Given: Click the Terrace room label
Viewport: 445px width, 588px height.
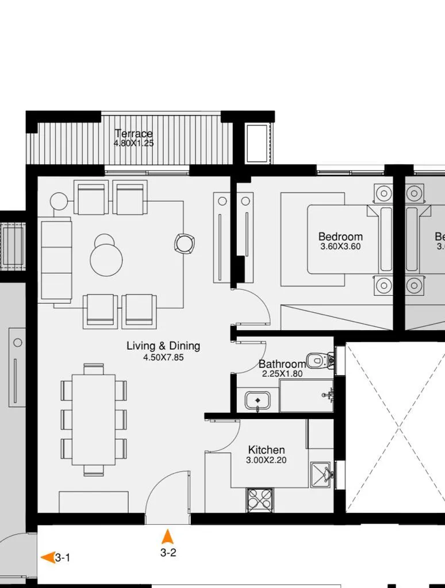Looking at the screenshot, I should pyautogui.click(x=133, y=134).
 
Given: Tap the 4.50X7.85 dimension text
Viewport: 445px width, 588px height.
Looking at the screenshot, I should pyautogui.click(x=163, y=357).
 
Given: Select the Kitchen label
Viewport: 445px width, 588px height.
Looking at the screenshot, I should pyautogui.click(x=266, y=450).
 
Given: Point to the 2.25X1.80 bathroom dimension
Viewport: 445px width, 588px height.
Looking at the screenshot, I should pyautogui.click(x=282, y=374).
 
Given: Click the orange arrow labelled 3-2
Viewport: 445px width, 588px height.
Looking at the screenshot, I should pyautogui.click(x=167, y=537).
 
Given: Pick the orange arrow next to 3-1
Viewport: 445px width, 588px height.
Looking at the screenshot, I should pyautogui.click(x=48, y=557).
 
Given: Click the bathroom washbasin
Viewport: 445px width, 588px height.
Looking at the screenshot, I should pyautogui.click(x=258, y=400).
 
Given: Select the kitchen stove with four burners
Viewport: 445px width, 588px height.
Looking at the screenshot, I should pyautogui.click(x=260, y=500).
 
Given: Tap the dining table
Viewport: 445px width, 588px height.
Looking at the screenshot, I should pyautogui.click(x=94, y=420).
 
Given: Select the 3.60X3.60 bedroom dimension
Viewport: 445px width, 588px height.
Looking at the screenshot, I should pyautogui.click(x=340, y=247).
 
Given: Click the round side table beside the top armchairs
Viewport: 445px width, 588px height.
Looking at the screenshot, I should pyautogui.click(x=59, y=202).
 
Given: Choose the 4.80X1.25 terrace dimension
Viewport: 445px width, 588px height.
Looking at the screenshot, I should pyautogui.click(x=133, y=144).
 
